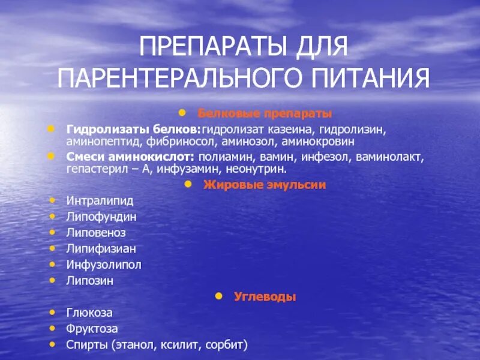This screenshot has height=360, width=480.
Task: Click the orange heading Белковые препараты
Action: [265, 113]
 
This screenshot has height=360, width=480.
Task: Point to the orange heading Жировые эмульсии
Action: [265, 185]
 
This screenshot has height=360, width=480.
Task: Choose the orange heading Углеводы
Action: [265, 296]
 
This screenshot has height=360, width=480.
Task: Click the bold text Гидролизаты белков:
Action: [133, 129]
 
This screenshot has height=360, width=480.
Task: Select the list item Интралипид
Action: [100, 200]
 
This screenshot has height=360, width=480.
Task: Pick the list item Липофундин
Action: [101, 216]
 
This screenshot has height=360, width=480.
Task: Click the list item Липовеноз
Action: [96, 232]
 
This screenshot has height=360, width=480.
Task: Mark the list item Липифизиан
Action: [101, 248]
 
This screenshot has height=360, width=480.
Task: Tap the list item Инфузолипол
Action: [104, 265]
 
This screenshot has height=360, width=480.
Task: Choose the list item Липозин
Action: [90, 280]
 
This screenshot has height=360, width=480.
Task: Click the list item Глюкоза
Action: [89, 313]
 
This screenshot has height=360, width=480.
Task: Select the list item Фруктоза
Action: [92, 329]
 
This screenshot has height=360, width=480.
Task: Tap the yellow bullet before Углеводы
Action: [220, 296]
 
